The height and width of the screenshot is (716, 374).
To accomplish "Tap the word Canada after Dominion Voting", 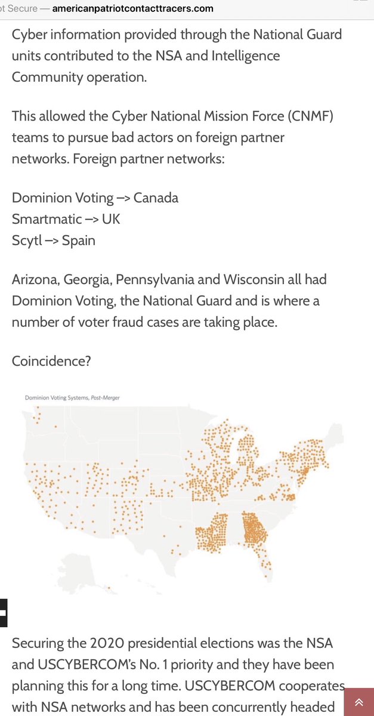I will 156,197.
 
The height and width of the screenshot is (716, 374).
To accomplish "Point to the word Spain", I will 78,240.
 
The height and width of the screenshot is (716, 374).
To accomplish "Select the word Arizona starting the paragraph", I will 35,279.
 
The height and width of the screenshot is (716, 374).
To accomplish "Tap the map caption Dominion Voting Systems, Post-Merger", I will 72,397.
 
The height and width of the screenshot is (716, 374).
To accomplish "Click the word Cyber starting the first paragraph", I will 29,34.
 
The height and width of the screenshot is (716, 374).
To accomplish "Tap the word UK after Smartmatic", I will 111,219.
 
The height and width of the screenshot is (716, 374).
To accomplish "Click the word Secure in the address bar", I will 22,9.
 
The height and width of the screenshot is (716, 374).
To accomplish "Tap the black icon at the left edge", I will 4,613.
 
